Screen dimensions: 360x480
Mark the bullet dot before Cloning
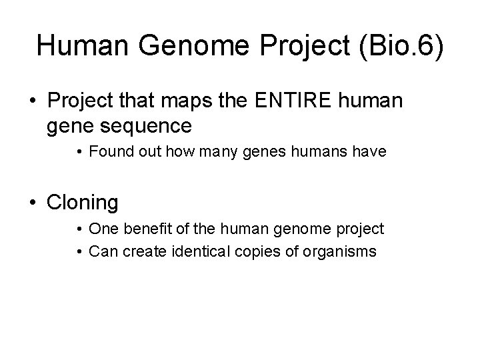pos(33,203)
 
